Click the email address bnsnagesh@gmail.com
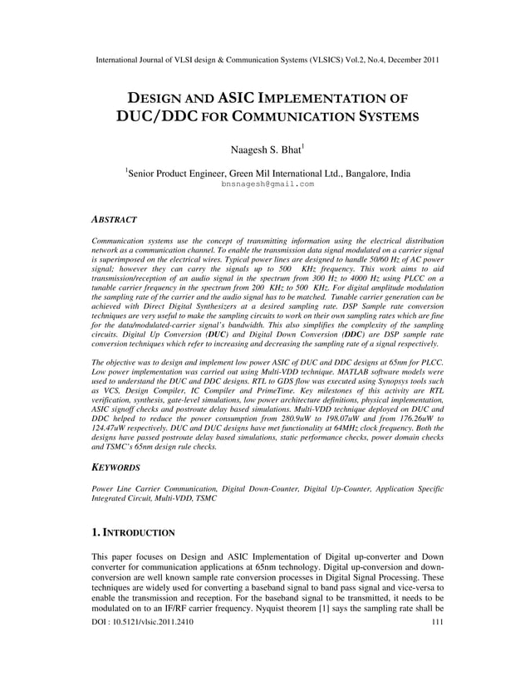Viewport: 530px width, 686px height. tap(267, 184)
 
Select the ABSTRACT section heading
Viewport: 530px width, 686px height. tap(113, 219)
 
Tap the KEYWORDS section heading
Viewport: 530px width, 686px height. tap(115, 468)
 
